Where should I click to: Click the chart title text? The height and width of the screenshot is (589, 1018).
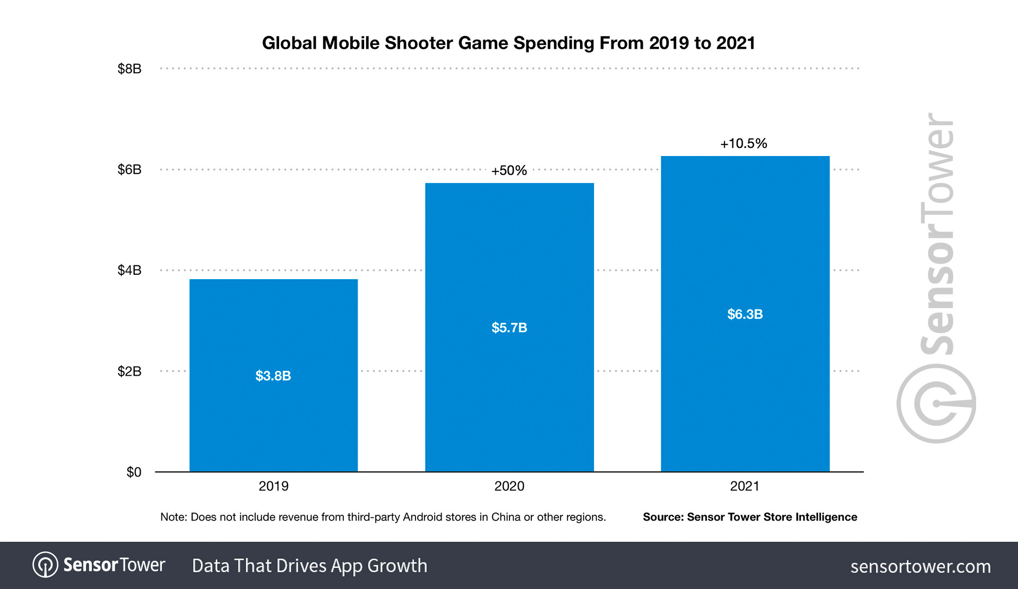[x=508, y=43]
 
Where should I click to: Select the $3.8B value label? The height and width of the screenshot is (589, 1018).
[x=273, y=376]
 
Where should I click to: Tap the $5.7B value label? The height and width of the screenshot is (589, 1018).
[x=509, y=327]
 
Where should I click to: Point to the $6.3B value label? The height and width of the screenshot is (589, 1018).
[x=745, y=314]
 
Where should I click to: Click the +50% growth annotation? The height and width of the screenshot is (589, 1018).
[x=508, y=170]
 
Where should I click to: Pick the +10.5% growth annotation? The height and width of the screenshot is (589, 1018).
[x=743, y=143]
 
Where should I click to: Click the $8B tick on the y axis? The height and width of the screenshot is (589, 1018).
[x=129, y=68]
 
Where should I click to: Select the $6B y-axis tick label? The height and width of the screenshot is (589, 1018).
[x=129, y=169]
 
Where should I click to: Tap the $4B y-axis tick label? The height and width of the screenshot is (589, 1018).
[x=129, y=270]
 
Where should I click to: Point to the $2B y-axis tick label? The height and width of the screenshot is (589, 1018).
[x=129, y=371]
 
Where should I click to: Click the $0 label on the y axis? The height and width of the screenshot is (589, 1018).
[x=133, y=472]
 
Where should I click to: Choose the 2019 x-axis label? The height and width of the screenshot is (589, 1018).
[x=273, y=486]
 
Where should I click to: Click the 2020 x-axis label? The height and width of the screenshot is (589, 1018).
[x=509, y=486]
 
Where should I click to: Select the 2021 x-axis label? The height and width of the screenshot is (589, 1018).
[x=745, y=486]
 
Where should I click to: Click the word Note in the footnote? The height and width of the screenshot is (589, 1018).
[x=173, y=517]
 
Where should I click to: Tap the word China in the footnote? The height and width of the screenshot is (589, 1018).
[x=505, y=517]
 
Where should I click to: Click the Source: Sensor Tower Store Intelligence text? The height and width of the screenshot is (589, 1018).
[x=749, y=517]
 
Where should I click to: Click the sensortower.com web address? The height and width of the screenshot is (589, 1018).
[x=920, y=566]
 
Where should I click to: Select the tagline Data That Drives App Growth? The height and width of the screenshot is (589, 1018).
[x=309, y=566]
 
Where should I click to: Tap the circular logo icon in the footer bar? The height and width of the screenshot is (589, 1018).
[x=45, y=565]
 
